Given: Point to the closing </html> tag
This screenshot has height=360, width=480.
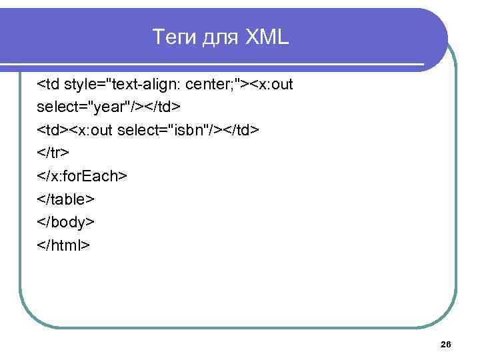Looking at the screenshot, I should pos(63,245).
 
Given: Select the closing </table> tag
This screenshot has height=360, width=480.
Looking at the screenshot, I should pos(66,199).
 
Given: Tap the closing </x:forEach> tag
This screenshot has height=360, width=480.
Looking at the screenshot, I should pos(82,176).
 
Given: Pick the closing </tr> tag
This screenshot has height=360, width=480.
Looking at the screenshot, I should pos(53,153).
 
